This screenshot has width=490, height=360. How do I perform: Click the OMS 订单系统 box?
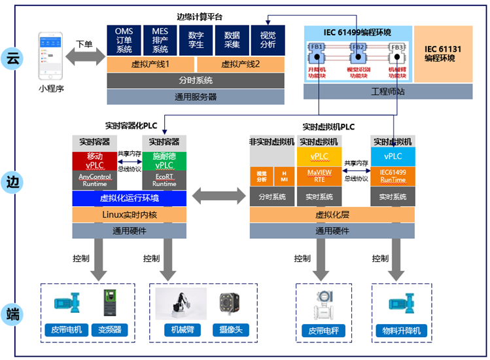tap(124, 40)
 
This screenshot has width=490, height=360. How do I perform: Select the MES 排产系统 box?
tap(160, 40)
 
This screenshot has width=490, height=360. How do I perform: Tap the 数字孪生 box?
tap(196, 40)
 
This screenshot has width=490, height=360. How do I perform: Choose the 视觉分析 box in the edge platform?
tap(268, 40)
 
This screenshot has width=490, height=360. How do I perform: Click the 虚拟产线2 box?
tap(240, 64)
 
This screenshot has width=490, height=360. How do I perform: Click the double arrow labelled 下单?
tap(84, 57)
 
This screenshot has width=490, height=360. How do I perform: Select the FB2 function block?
tap(359, 48)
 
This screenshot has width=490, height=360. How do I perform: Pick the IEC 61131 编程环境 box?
tap(444, 54)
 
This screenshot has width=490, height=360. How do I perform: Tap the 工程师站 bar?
tap(388, 92)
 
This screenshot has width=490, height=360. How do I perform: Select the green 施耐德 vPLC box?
tap(164, 161)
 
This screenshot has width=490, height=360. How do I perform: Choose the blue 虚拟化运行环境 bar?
tap(130, 198)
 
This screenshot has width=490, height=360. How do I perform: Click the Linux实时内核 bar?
tap(130, 215)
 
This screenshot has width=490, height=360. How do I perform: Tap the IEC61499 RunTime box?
tap(393, 177)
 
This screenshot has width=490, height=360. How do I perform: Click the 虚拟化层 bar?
tap(332, 215)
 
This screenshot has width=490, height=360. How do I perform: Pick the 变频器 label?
tap(107, 330)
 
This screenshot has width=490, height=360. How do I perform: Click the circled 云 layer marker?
tap(12, 58)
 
